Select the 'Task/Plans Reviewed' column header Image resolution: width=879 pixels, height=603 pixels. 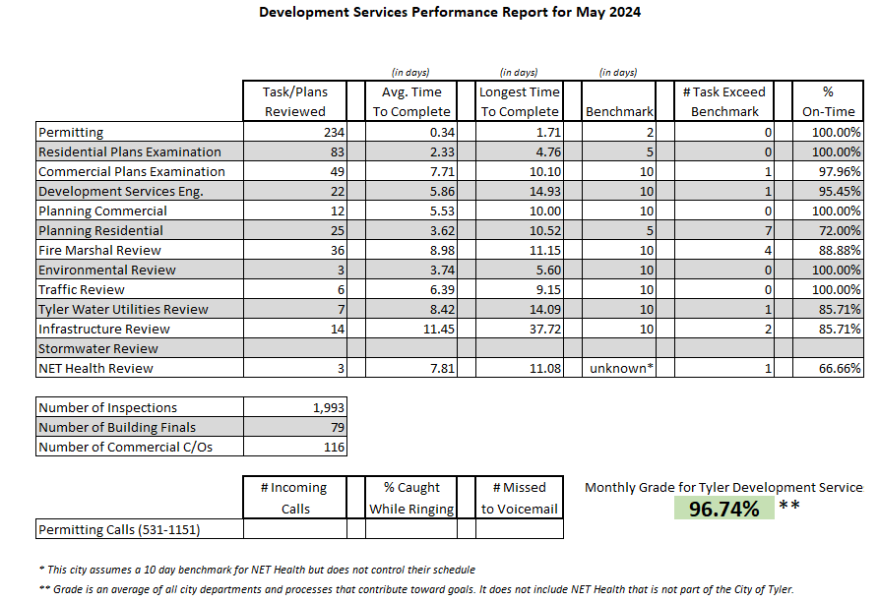tap(294, 101)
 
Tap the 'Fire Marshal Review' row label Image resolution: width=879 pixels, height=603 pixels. tap(100, 250)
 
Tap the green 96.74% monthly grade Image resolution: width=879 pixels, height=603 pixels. tap(723, 509)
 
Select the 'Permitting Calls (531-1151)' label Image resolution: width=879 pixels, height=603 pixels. tap(118, 530)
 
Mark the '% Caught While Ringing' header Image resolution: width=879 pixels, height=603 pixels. tap(411, 498)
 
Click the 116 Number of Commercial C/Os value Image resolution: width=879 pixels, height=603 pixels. tap(333, 447)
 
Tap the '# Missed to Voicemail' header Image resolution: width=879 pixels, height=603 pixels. tap(519, 498)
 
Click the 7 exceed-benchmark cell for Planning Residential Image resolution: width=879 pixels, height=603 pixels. tap(762, 230)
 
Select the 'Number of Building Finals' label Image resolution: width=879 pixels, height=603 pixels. tap(117, 427)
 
